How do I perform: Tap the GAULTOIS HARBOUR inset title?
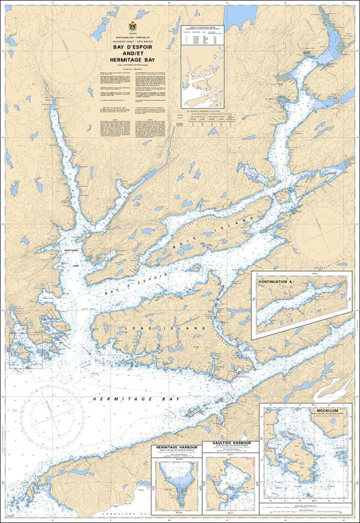(x=231, y=443)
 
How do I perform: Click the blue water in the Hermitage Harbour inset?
(x=175, y=481)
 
